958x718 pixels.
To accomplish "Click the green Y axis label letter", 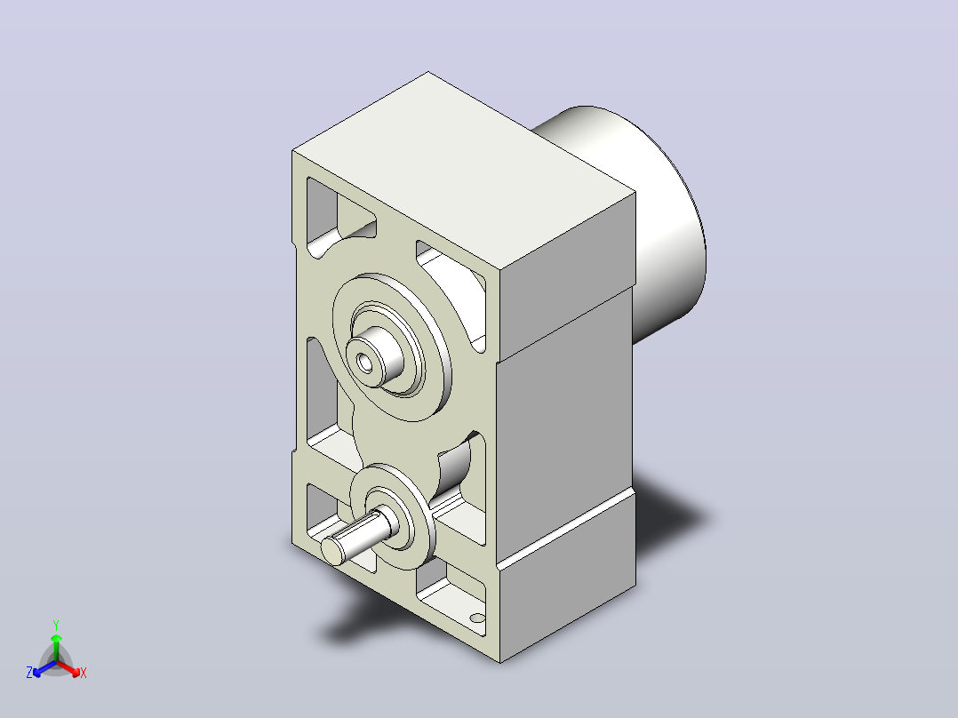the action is point(56,625).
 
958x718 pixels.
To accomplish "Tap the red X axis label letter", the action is point(84,673).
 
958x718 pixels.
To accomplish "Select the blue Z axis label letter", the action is point(29,673).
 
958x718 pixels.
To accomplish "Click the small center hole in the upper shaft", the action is point(365,363).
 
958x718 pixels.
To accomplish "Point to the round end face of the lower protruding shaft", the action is point(332,551).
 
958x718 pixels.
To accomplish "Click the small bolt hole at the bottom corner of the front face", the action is point(477,618).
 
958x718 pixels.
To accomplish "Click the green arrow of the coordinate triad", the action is point(56,647).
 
